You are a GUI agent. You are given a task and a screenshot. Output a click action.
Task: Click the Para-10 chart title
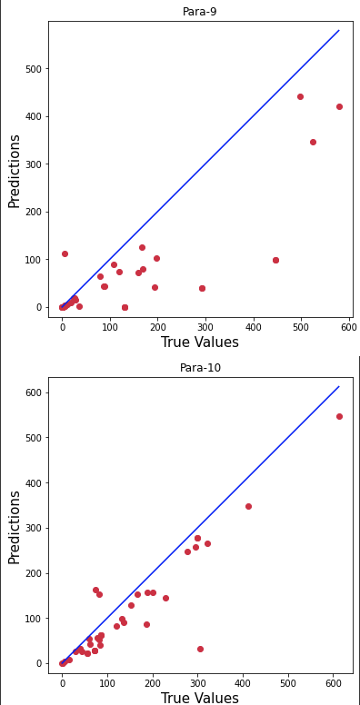[200, 368]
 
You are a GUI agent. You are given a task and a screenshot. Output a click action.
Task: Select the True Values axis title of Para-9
[200, 343]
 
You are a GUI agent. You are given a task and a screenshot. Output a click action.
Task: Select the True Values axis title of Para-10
[200, 698]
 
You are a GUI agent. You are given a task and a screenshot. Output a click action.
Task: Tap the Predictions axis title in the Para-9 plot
[15, 171]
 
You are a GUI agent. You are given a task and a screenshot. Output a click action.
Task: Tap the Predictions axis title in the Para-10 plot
[15, 527]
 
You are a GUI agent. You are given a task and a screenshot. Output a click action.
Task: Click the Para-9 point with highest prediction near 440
[300, 96]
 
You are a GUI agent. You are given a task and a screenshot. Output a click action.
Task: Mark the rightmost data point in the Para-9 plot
[339, 106]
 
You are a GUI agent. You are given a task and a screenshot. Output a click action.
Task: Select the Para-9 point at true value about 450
[275, 260]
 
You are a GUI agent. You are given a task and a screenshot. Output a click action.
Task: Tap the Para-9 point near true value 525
[313, 142]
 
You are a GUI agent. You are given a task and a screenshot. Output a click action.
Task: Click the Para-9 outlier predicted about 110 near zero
[65, 253]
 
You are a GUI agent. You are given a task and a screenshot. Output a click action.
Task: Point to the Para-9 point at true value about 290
[202, 288]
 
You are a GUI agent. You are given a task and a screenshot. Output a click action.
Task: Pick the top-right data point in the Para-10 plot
[339, 416]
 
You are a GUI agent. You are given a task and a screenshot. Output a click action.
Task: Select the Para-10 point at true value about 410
[248, 506]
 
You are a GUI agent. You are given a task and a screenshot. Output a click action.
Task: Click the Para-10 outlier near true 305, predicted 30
[200, 649]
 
